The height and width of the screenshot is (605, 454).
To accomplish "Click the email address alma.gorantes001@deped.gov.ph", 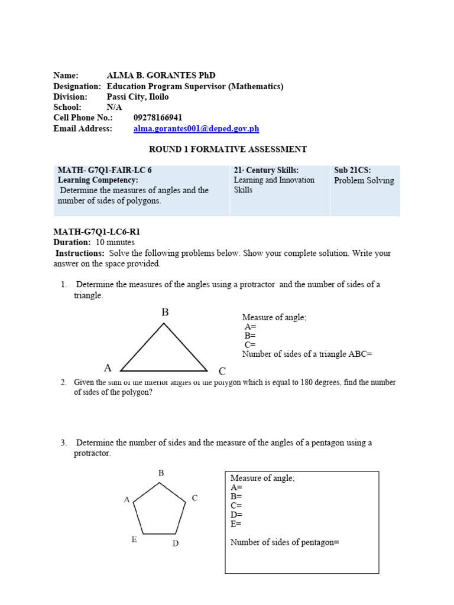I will (196, 129).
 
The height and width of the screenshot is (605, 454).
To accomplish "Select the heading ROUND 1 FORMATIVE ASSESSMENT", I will (226, 149).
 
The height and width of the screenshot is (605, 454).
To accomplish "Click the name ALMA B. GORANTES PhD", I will (161, 76).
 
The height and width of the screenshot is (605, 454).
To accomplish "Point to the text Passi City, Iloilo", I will (137, 97).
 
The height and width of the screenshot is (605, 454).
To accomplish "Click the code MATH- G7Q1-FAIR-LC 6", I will (105, 170).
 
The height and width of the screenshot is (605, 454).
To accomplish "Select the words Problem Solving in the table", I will (364, 181).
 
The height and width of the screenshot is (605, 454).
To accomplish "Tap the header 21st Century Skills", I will (266, 170).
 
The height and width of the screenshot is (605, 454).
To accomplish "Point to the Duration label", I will (72, 242).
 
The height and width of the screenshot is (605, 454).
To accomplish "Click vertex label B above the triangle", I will (166, 313).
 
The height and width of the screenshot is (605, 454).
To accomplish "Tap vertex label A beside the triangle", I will (108, 367).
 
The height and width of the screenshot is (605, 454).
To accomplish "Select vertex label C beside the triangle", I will (222, 372).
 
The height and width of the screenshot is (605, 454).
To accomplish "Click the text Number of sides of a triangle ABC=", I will (307, 354).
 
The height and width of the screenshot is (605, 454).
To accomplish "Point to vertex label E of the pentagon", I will (134, 539).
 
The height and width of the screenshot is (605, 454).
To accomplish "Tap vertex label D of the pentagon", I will (176, 543).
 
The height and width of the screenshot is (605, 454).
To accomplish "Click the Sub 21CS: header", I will (352, 170).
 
